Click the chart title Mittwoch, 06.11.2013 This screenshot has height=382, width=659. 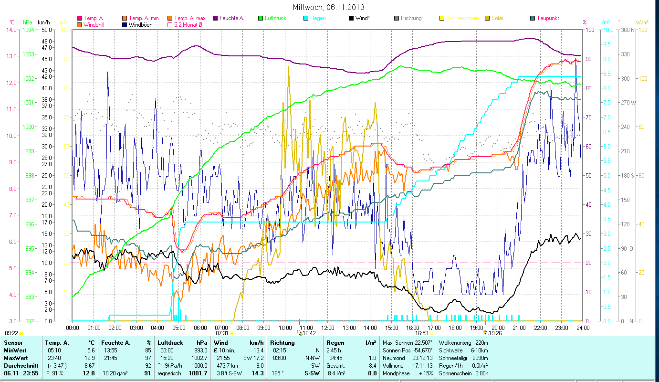329,7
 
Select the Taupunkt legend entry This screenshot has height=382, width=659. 547,18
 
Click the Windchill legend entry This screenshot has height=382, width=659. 95,24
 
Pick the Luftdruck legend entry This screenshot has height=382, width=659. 274,18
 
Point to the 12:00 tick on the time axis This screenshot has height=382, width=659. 327,328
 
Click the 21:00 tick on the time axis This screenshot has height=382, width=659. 519,328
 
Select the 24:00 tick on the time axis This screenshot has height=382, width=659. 582,328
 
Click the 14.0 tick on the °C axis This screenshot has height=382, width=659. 11,30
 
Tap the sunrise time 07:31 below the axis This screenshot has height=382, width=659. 222,333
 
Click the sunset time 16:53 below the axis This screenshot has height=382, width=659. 421,333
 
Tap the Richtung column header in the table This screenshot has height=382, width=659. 282,342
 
